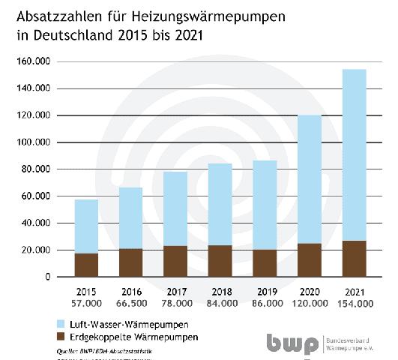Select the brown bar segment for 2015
(86, 265)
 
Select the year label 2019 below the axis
(265, 291)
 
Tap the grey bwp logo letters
(292, 342)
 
